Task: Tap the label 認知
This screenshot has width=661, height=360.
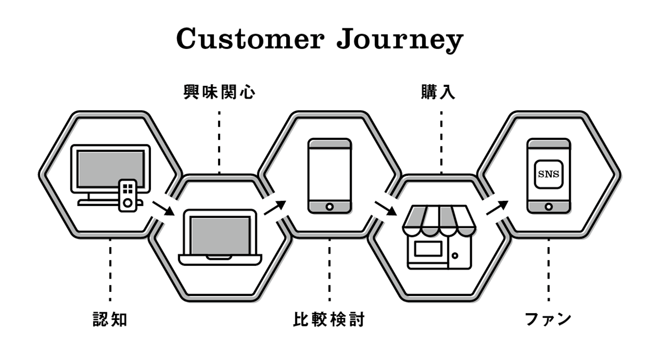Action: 110,320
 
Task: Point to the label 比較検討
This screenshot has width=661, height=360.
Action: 329,320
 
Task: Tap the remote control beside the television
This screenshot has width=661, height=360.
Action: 128,195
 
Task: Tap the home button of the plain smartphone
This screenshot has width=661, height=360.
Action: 329,206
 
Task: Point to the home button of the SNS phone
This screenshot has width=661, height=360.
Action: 549,206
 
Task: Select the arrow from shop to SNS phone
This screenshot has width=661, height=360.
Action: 497,207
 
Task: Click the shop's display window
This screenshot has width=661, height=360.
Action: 428,249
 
